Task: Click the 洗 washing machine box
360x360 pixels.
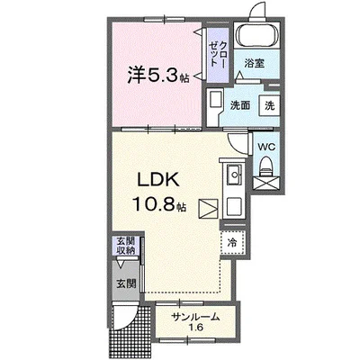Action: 269,104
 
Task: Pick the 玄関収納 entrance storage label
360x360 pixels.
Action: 125,246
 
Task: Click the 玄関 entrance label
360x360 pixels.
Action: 125,284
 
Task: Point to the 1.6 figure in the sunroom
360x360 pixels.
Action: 194,328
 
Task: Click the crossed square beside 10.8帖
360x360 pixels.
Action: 208,209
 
